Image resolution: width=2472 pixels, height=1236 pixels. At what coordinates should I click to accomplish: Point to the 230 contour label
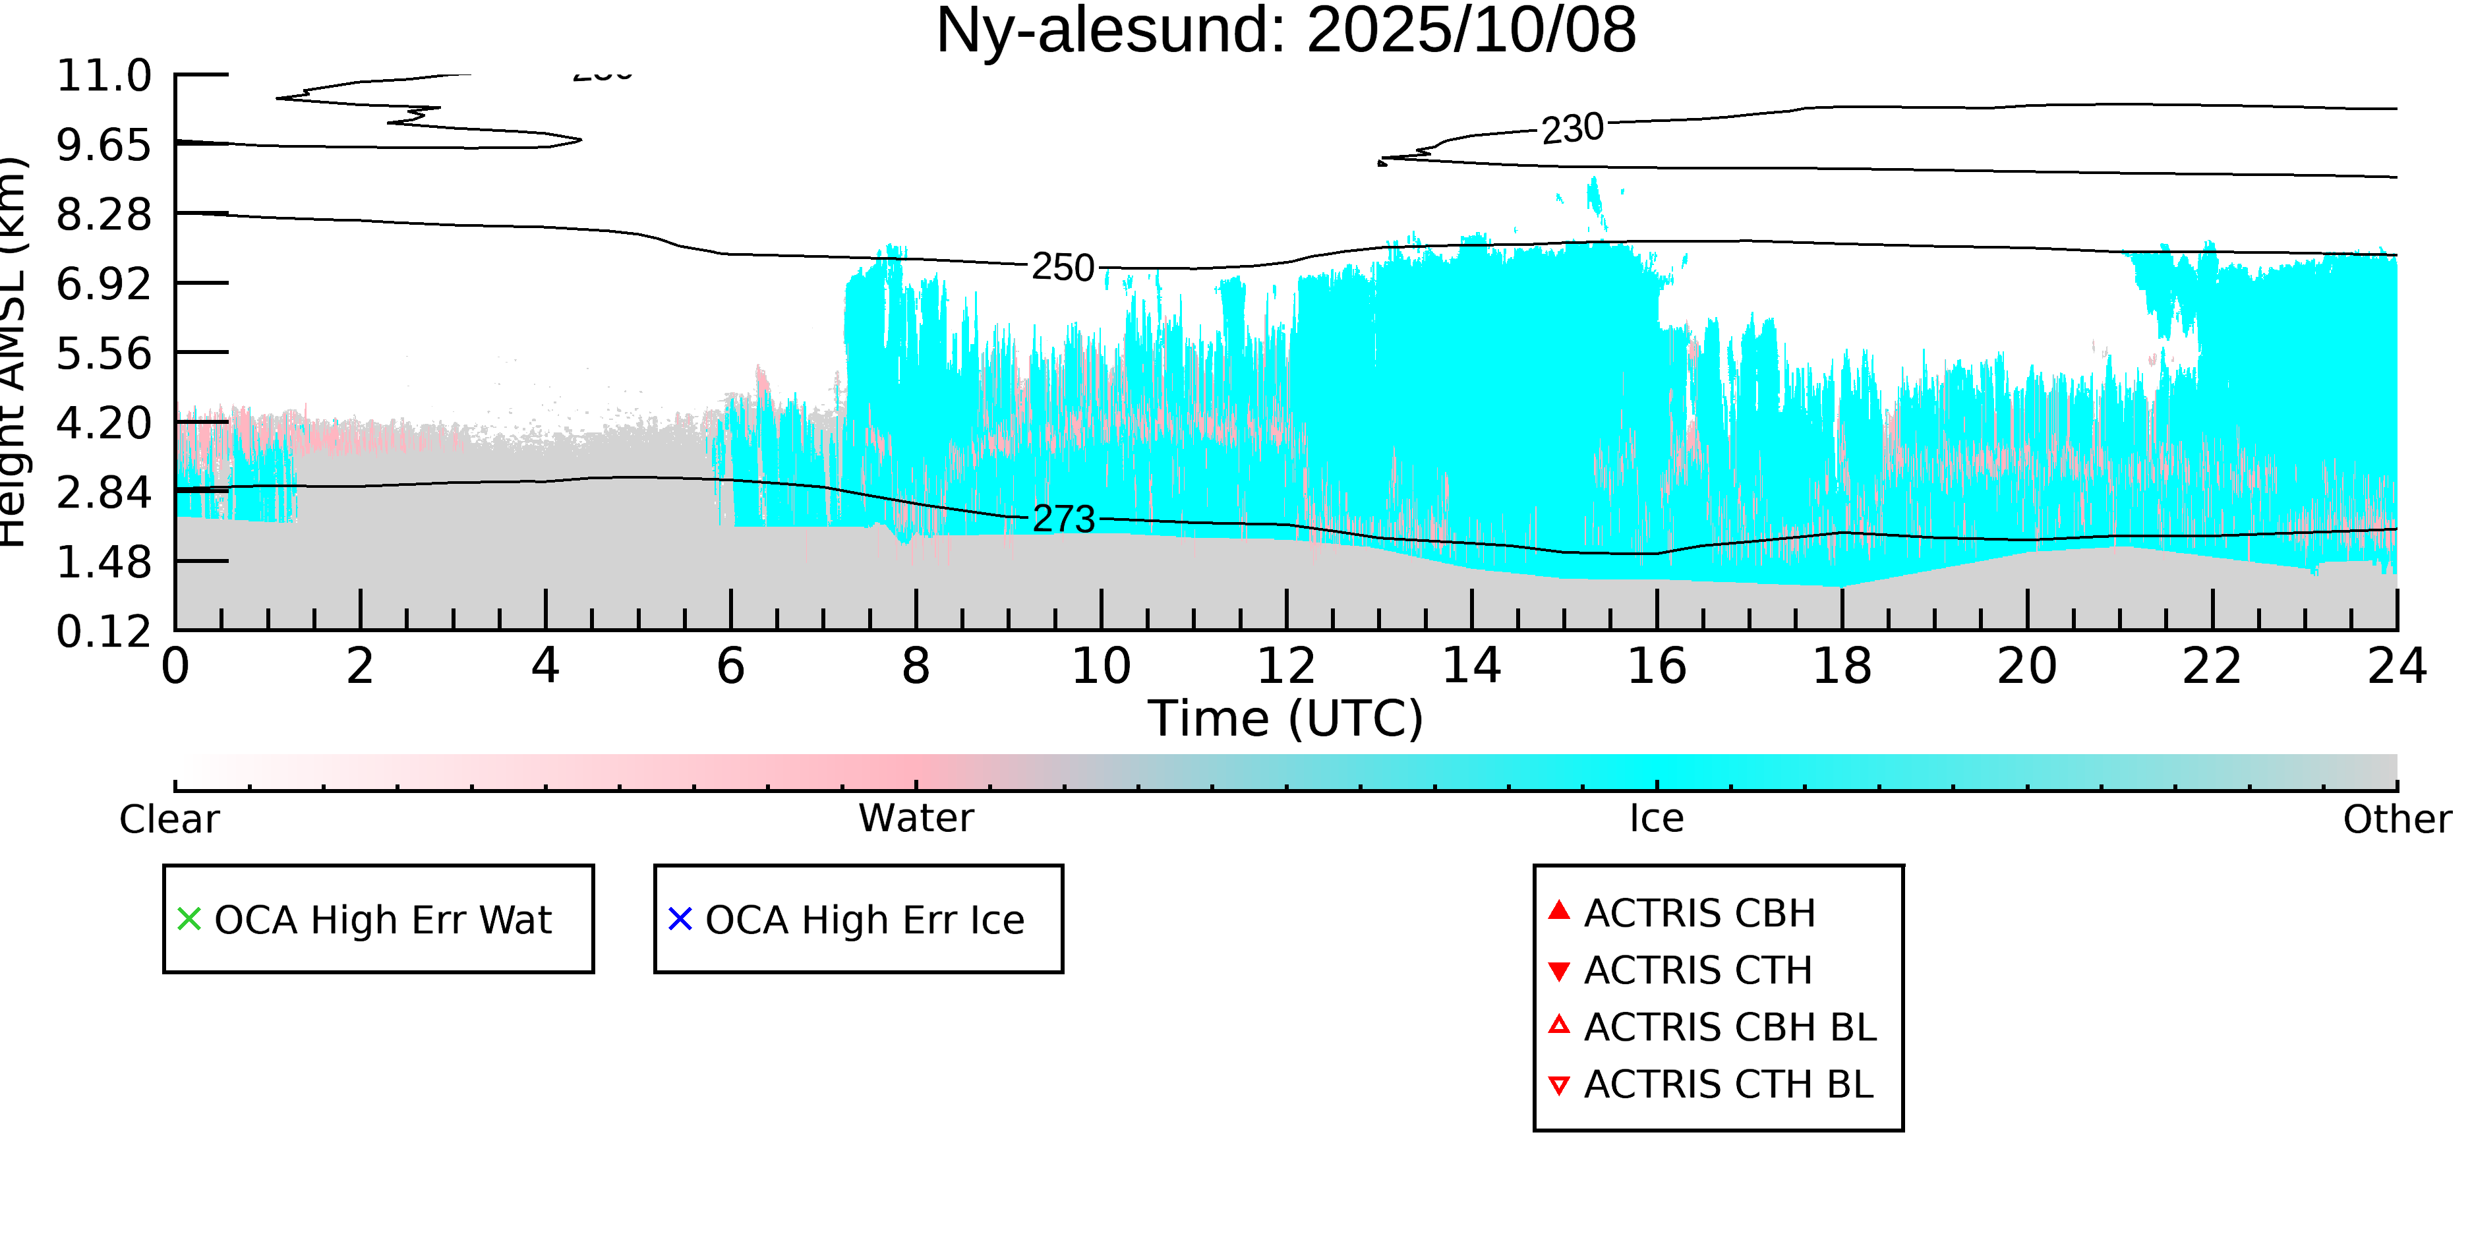coord(1572,129)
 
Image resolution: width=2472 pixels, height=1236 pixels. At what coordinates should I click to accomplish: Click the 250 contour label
coord(1063,268)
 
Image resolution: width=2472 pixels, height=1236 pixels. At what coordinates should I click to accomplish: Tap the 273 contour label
coord(1063,519)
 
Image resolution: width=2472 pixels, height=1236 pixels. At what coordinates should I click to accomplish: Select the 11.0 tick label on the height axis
coord(103,76)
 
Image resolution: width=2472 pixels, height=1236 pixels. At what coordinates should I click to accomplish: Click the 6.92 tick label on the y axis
coord(103,284)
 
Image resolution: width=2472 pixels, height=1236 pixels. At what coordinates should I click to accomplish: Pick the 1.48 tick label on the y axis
coord(103,562)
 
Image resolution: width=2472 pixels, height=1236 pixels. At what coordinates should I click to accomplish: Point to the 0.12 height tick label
coord(103,632)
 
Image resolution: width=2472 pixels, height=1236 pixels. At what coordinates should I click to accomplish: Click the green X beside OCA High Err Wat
coord(189,920)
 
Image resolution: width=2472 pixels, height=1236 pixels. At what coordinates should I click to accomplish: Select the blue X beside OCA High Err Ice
coord(680,920)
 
